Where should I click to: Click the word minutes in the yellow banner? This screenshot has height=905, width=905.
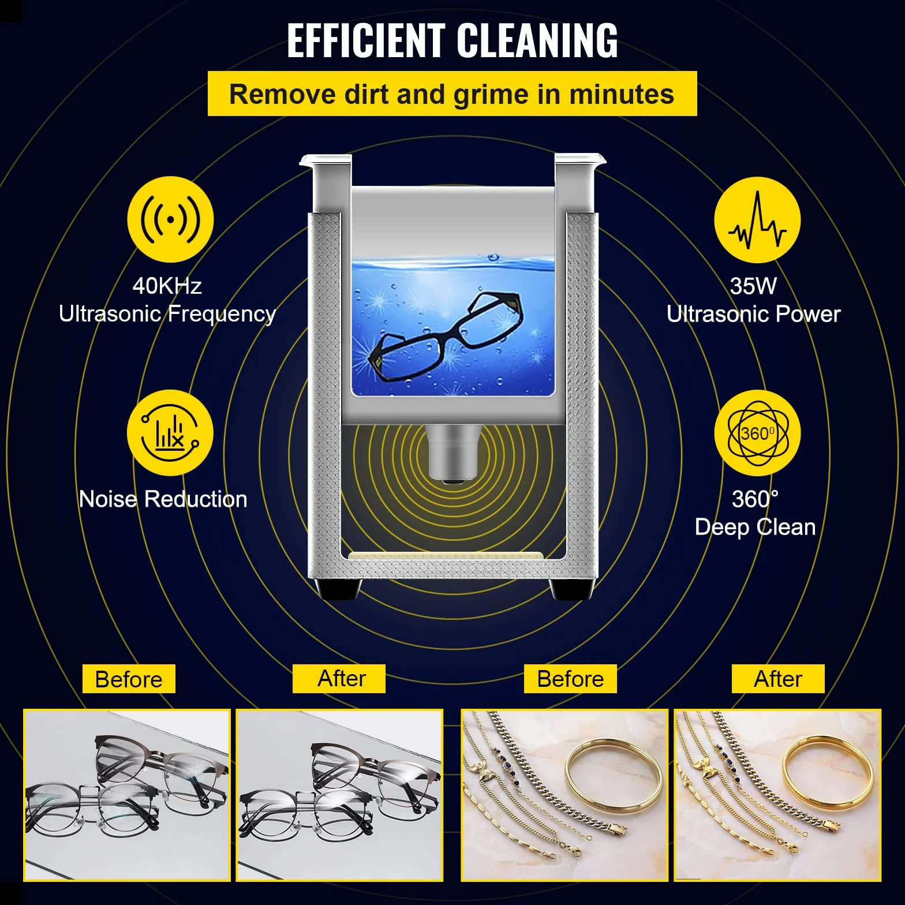622,94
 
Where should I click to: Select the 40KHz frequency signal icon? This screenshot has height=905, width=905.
170,219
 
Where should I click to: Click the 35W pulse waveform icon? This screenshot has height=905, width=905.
757,220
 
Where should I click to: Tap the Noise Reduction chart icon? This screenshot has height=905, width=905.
170,433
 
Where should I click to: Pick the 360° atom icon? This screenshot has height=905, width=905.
757,433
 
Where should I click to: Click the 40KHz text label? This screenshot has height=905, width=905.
167,286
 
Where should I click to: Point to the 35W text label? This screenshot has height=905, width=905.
753,286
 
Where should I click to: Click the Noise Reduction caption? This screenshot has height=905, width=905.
163,499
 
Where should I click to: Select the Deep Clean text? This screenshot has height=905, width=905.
755,527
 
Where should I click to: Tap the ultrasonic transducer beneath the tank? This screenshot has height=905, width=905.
453,454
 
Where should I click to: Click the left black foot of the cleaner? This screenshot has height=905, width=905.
339,589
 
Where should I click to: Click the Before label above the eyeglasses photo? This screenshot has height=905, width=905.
129,679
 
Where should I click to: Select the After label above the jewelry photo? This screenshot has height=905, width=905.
778,679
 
